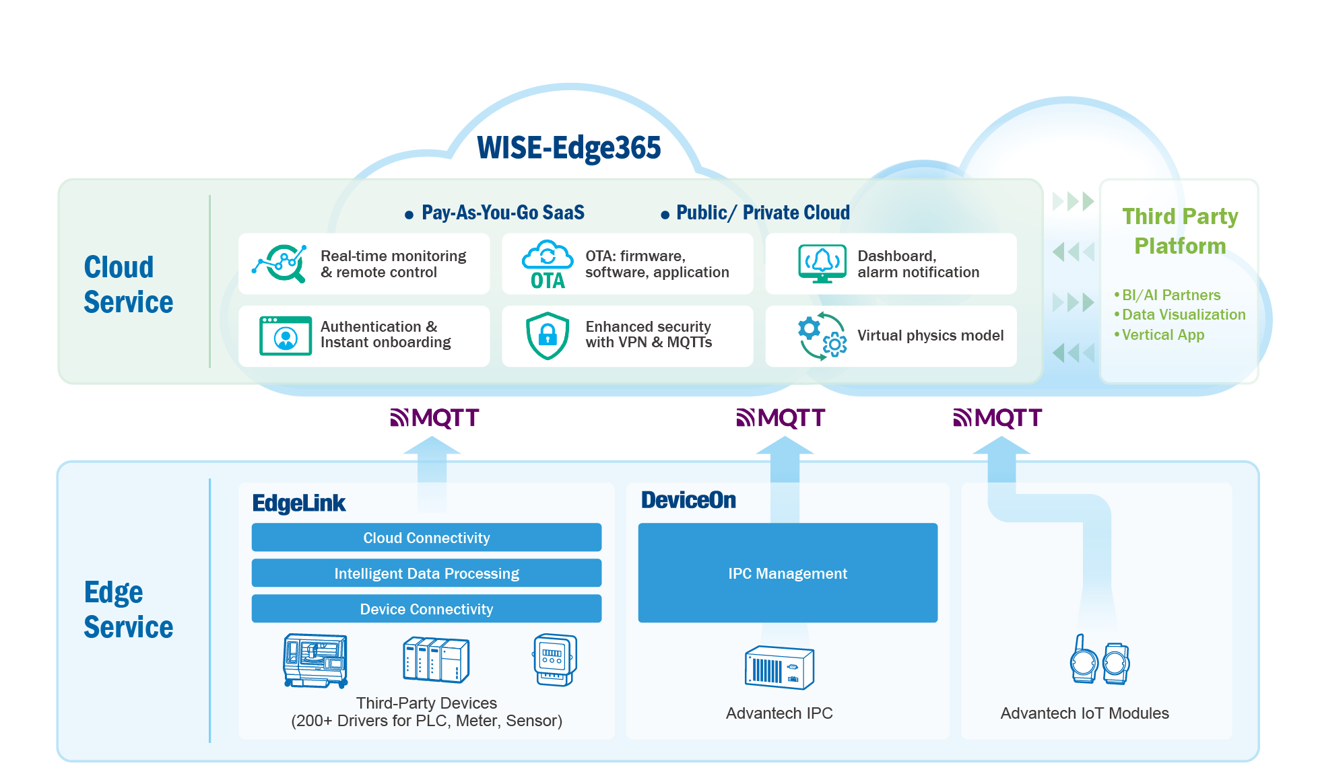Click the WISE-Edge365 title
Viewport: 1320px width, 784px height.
569,148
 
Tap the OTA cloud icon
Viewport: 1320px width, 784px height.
548,264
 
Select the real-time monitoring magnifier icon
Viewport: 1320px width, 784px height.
280,263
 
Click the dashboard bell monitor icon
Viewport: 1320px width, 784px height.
822,263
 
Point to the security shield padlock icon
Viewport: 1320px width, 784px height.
548,335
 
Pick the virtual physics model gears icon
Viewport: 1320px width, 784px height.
822,336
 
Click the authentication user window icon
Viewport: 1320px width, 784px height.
286,335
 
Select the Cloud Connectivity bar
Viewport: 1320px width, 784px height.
426,538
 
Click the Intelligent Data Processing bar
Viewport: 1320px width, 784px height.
426,573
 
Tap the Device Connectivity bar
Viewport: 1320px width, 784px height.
426,609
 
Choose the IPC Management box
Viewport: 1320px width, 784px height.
787,573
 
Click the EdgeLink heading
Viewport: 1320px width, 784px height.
298,503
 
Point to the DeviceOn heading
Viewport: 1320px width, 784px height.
688,500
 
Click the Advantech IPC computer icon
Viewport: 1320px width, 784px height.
779,668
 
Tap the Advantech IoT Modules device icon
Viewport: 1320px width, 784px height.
1099,660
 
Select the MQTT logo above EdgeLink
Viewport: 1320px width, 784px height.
435,418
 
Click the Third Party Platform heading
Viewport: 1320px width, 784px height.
1180,231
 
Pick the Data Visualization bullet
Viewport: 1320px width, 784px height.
1183,314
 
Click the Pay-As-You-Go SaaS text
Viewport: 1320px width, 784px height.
502,213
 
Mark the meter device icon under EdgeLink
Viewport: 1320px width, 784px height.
555,660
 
